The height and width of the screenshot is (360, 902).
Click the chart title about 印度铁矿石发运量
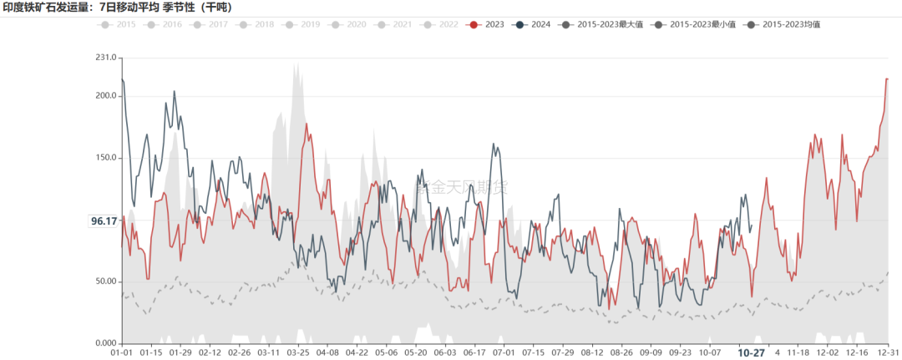[x=118, y=8]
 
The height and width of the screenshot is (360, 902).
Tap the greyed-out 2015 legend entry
[x=119, y=25]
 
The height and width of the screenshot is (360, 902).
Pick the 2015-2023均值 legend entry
[x=785, y=25]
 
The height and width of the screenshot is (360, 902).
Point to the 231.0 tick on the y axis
[x=105, y=58]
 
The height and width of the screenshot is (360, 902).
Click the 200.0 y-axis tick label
[x=105, y=95]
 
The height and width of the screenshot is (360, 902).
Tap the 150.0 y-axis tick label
[x=105, y=158]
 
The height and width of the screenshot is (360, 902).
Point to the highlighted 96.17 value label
[x=104, y=221]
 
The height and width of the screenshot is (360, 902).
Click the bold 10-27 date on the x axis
[x=751, y=353]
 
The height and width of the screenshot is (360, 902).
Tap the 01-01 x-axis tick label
[x=122, y=353]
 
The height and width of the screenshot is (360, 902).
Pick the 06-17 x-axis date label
[x=476, y=353]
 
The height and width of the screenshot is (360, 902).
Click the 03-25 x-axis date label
[x=299, y=353]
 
